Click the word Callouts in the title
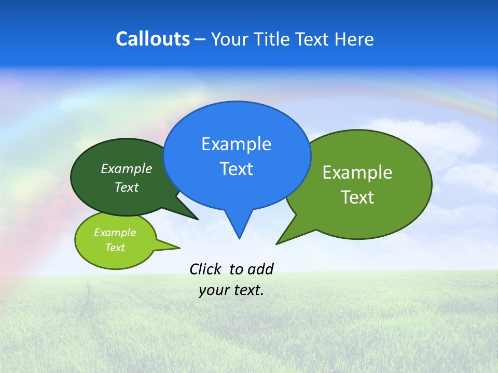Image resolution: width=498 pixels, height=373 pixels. coord(153,39)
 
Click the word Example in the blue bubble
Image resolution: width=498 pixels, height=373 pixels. coord(236,144)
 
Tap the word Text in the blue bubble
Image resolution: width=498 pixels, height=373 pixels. coord(236,169)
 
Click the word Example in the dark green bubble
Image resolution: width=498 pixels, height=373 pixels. coord(127,168)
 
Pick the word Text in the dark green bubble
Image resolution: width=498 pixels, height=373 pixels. coord(127,187)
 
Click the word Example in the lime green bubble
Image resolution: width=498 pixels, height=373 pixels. coord(115,233)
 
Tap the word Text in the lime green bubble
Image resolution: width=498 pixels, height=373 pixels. coord(115,248)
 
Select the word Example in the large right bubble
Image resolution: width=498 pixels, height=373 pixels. coord(357,173)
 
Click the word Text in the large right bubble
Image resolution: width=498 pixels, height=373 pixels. coord(357,197)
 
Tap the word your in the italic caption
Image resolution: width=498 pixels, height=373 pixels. coord(213,290)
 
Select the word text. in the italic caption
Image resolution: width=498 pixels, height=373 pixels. coord(246,290)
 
